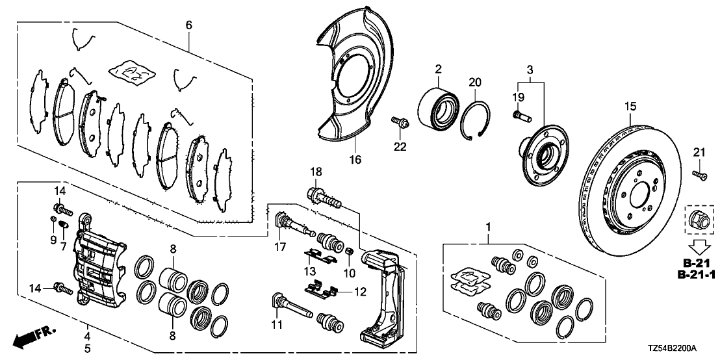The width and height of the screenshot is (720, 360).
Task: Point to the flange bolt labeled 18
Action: point(323,196)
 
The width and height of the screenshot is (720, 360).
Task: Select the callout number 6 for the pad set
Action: point(188,25)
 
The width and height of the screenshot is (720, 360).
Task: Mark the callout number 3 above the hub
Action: point(530,69)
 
